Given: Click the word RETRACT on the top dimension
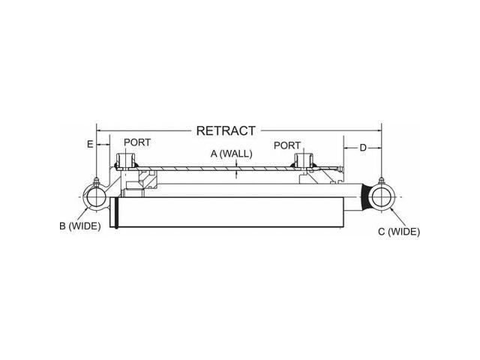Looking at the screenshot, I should (x=226, y=130).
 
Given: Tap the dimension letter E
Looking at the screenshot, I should (x=90, y=144).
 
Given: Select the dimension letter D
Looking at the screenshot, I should (x=362, y=148).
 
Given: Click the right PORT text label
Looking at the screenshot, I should (x=286, y=145).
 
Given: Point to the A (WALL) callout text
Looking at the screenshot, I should (x=232, y=153).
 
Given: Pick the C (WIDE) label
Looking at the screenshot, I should (x=399, y=232).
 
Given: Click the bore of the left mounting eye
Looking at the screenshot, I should (x=97, y=197).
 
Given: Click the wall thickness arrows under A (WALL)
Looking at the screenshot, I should (x=237, y=171).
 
